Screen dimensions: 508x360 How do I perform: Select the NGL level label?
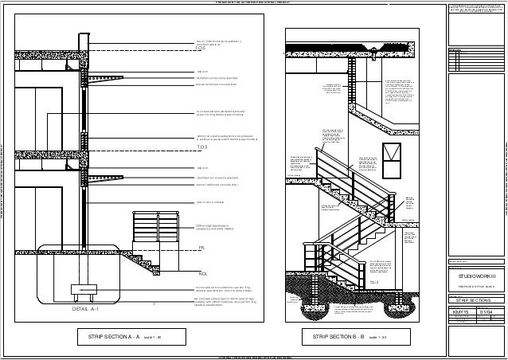(202, 252)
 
